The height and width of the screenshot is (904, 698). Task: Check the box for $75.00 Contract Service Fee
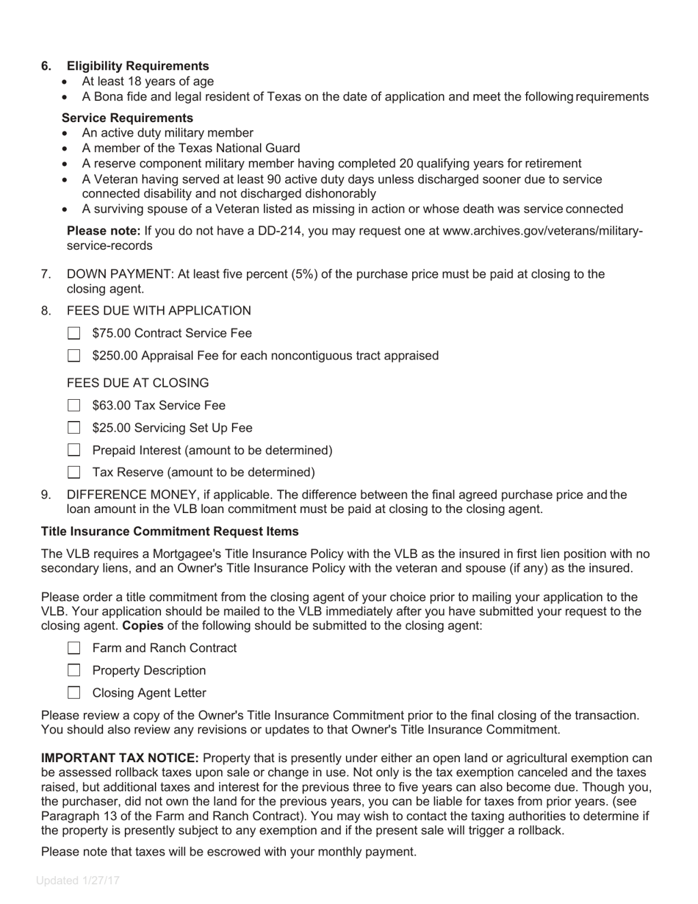pyautogui.click(x=73, y=334)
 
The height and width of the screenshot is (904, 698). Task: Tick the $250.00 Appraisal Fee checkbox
pyautogui.click(x=73, y=356)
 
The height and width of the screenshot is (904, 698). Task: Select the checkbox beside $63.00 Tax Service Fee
pyautogui.click(x=73, y=406)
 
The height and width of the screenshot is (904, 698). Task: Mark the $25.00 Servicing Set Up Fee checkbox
pyautogui.click(x=73, y=428)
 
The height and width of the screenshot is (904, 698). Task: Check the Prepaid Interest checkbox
pyautogui.click(x=73, y=451)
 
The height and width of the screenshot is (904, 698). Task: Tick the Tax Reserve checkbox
pyautogui.click(x=73, y=473)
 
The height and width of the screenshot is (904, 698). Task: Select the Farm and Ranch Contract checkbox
pyautogui.click(x=73, y=648)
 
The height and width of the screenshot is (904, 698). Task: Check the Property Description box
pyautogui.click(x=73, y=670)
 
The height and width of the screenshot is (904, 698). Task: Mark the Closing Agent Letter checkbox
pyautogui.click(x=73, y=693)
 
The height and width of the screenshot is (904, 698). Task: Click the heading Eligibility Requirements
pyautogui.click(x=137, y=66)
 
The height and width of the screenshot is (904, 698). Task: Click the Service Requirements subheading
pyautogui.click(x=127, y=118)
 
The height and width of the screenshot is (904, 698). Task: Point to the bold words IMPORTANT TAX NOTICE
pyautogui.click(x=120, y=758)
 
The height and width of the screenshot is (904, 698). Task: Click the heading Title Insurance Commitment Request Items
pyautogui.click(x=170, y=531)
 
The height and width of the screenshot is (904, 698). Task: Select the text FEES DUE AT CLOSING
pyautogui.click(x=137, y=383)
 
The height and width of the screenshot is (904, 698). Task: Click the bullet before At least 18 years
pyautogui.click(x=67, y=82)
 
